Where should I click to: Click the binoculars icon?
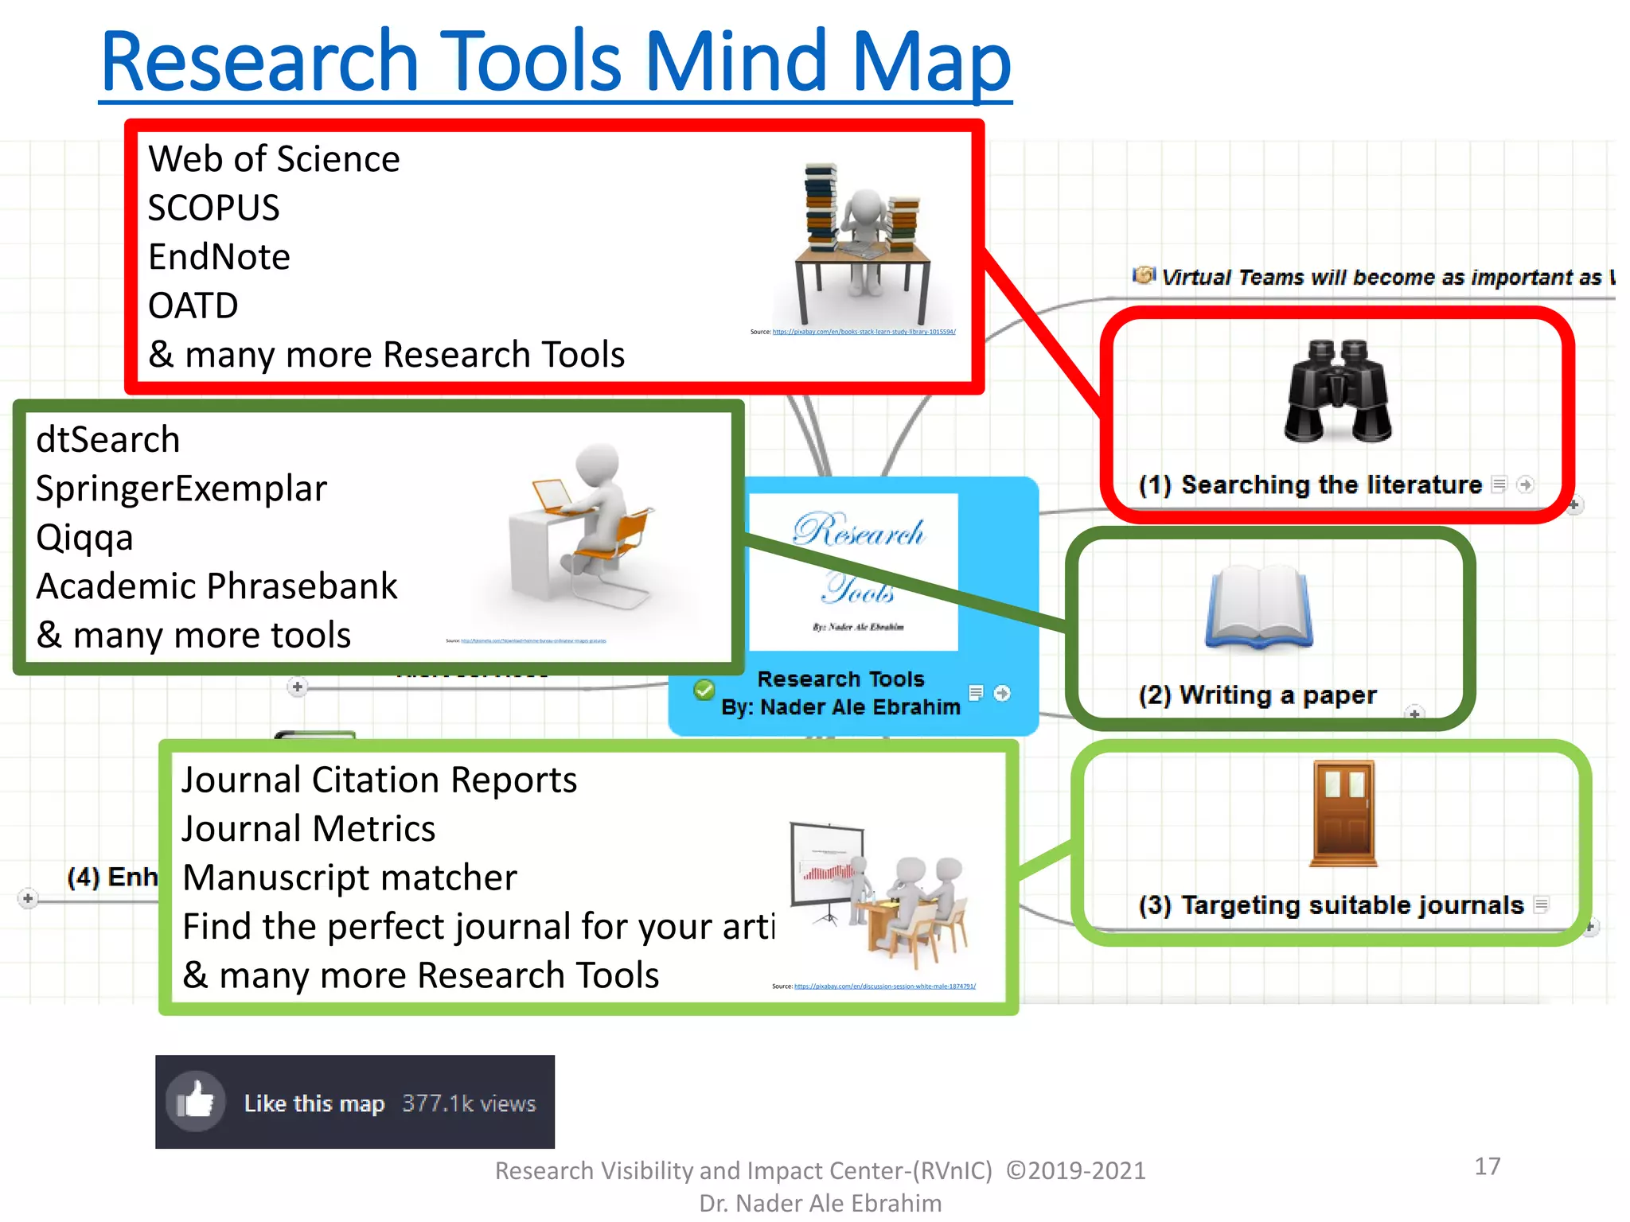click(1338, 391)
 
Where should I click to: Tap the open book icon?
click(1258, 607)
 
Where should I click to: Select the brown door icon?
click(1344, 813)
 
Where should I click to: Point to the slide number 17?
click(1487, 1166)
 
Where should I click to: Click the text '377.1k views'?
click(469, 1103)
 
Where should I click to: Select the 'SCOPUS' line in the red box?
click(213, 208)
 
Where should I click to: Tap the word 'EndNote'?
click(219, 257)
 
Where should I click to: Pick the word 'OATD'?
click(193, 306)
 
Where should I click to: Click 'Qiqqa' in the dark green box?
click(84, 538)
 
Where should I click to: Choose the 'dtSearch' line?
click(108, 440)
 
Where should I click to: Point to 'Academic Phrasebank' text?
click(216, 586)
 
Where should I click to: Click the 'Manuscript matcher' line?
click(349, 878)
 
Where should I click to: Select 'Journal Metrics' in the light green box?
click(309, 829)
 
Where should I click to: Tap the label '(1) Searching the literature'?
click(1310, 485)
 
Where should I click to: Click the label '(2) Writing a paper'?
click(1258, 695)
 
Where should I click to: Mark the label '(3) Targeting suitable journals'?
click(1331, 905)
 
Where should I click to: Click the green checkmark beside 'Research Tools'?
click(704, 690)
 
